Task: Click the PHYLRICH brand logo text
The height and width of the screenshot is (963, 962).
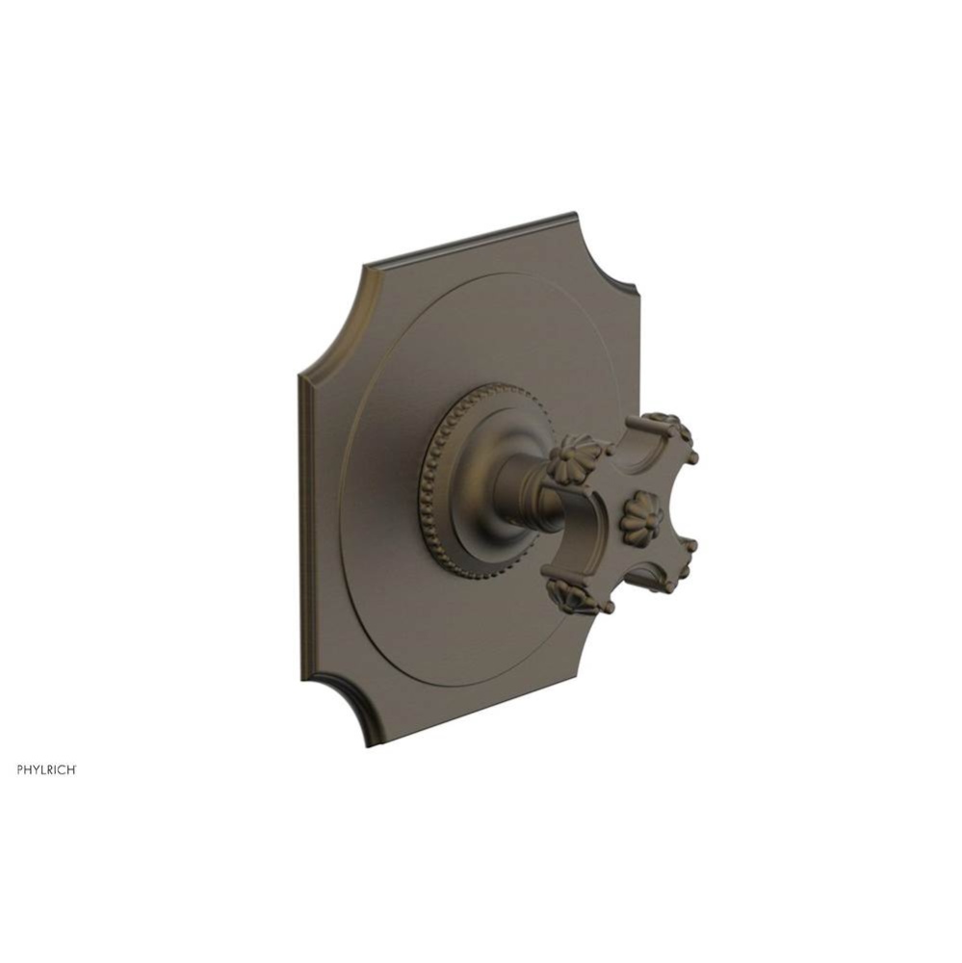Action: pos(47,769)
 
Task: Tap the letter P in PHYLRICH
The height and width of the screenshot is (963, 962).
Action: pos(21,769)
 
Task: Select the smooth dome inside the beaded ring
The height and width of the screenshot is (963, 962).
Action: pos(481,481)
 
